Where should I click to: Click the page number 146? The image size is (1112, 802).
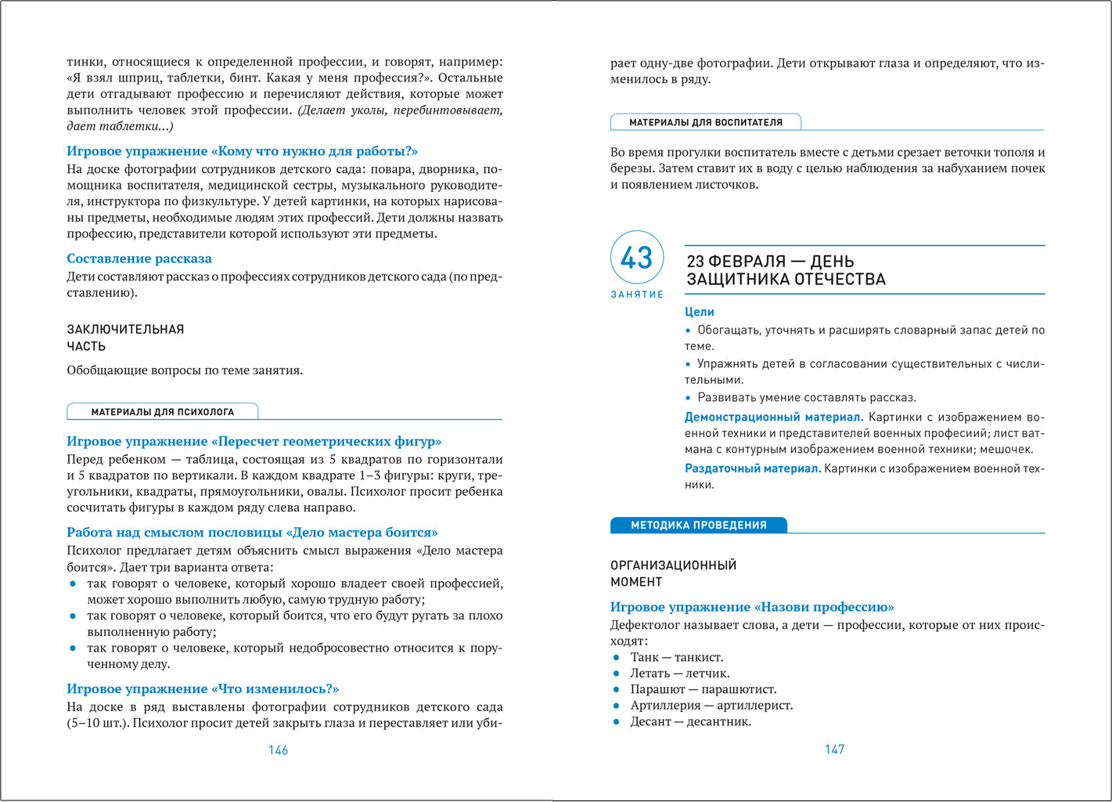(278, 750)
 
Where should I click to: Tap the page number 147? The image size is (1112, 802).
(834, 750)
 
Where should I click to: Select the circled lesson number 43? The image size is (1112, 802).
(637, 258)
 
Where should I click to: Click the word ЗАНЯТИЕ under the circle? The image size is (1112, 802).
(637, 294)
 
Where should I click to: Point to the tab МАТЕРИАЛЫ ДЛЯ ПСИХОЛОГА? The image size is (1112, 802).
(163, 412)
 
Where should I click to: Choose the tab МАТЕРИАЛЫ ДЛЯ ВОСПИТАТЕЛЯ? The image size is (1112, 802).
(706, 122)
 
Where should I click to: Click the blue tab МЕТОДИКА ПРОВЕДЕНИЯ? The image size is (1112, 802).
(698, 526)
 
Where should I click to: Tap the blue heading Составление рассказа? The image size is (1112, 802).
(139, 258)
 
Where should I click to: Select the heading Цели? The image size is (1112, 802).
(700, 312)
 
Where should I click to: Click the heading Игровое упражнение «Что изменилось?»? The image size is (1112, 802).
(203, 688)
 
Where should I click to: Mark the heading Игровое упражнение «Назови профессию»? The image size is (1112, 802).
(752, 607)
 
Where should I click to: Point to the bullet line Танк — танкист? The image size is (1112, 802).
(677, 657)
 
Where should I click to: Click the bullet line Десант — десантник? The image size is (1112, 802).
(690, 721)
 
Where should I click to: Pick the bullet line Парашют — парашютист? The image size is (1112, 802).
(704, 689)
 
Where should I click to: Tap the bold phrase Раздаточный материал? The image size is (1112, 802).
(753, 468)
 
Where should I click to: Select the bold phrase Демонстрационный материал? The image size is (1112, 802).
(774, 417)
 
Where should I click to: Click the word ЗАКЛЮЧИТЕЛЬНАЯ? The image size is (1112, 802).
(125, 330)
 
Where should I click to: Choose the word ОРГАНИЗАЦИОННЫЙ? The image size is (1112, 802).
(674, 565)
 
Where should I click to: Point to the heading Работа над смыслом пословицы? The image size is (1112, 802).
(252, 533)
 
